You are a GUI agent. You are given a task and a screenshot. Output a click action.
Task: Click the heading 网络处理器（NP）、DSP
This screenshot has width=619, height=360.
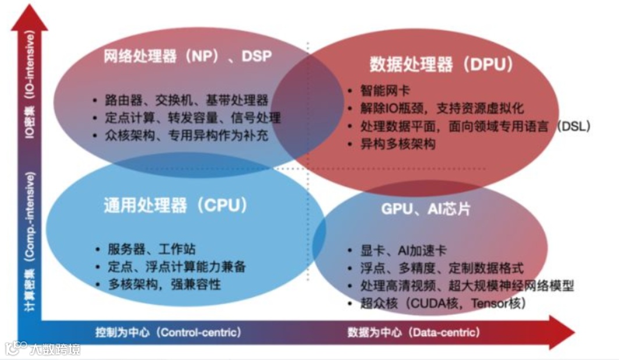[x=188, y=56]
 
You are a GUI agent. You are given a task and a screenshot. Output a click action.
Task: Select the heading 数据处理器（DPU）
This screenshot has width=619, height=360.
[x=442, y=64]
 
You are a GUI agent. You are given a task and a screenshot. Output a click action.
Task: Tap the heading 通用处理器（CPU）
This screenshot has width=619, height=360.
[x=176, y=205]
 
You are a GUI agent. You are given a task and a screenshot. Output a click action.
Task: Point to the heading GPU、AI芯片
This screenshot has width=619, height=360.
[x=426, y=209]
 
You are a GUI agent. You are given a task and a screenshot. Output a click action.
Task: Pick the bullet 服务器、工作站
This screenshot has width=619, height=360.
[x=152, y=249]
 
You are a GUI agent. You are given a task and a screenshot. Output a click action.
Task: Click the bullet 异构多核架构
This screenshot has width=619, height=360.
[x=398, y=144]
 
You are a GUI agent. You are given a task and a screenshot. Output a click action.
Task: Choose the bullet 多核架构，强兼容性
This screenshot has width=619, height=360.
[x=164, y=285]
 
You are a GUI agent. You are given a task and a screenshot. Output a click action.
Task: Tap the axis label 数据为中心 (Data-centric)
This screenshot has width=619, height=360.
[x=414, y=332]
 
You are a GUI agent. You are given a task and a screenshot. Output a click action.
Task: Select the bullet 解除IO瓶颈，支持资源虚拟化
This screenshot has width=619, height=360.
[x=442, y=108]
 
